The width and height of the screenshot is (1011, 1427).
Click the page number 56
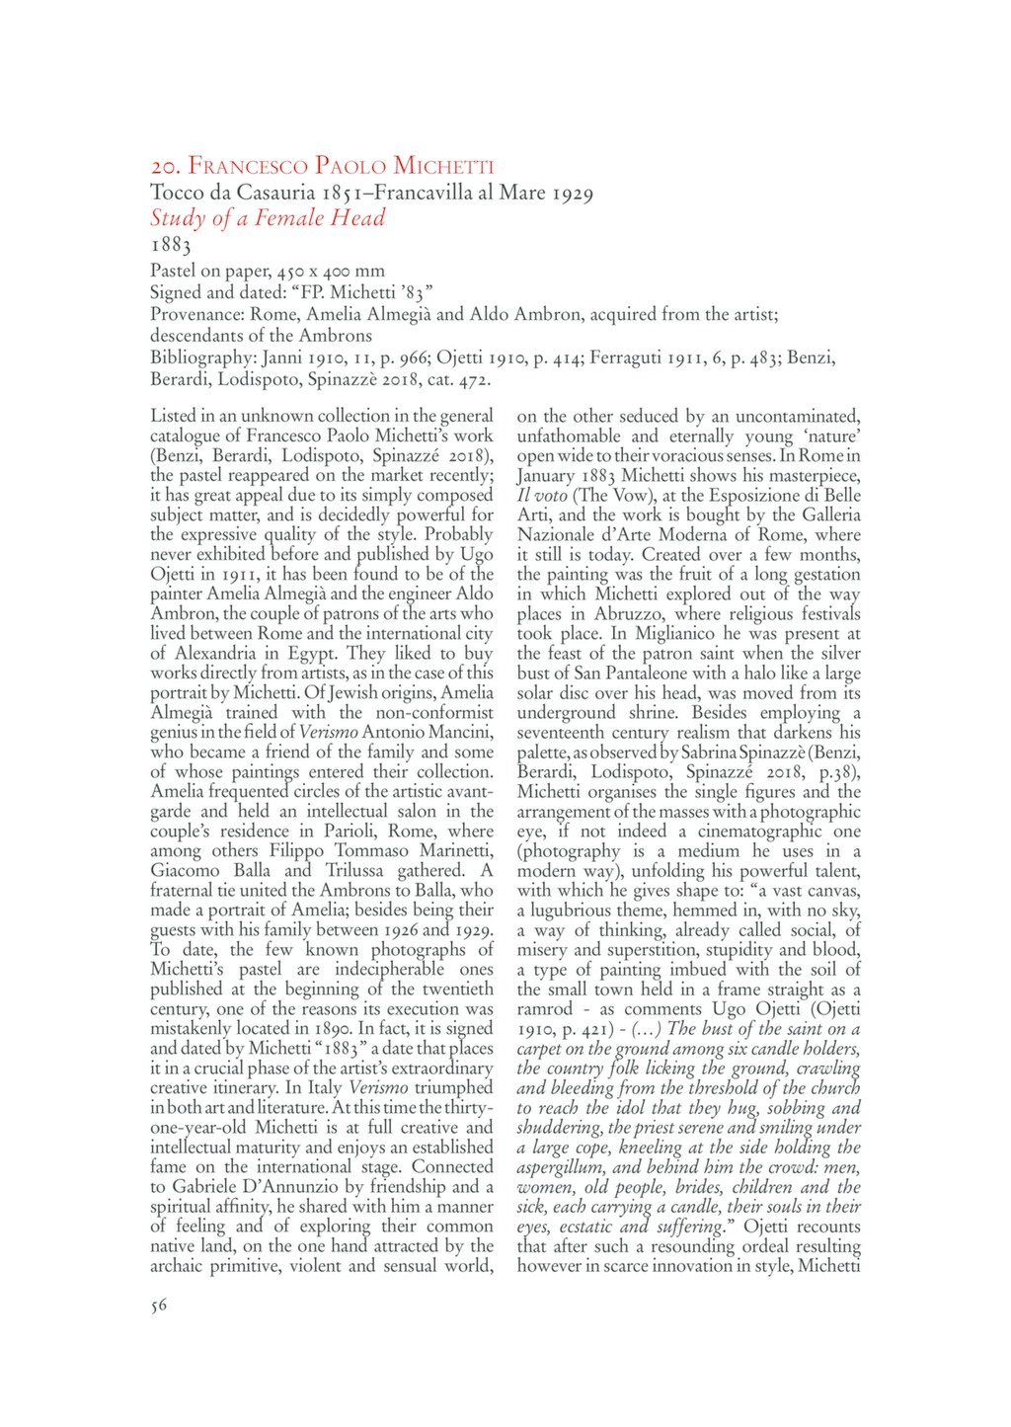click(159, 1306)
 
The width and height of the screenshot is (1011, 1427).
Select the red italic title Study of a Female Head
click(267, 218)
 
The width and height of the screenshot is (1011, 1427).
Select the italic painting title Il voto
click(542, 495)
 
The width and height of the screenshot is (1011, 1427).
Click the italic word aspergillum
click(562, 1166)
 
